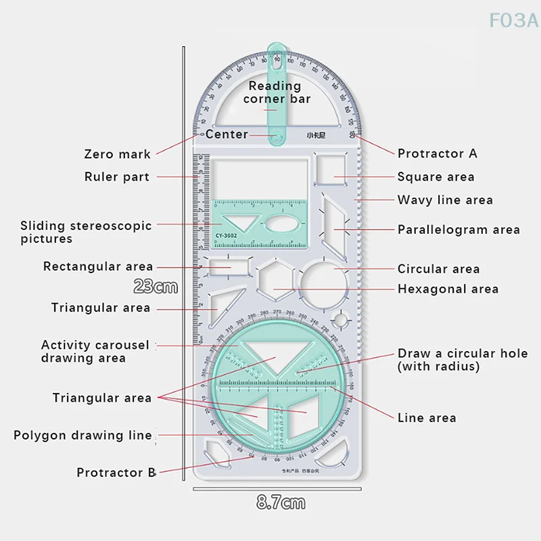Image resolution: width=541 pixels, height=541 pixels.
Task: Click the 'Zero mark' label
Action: [117, 154]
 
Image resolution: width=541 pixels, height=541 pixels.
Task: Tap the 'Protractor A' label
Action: [437, 154]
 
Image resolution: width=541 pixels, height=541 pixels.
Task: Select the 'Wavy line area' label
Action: [454, 200]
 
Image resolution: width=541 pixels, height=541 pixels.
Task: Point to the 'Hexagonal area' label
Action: [448, 289]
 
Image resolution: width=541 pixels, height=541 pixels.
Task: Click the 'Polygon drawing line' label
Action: [83, 436]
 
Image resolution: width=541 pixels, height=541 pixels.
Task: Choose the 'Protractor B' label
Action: [116, 473]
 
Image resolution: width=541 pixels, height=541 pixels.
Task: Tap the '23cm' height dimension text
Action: [156, 287]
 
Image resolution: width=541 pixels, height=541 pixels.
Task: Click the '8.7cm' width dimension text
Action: [281, 503]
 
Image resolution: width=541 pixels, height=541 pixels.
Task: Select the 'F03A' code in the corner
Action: [513, 20]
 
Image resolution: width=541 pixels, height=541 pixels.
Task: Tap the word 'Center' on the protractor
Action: [227, 135]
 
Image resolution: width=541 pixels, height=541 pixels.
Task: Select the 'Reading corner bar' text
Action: [276, 93]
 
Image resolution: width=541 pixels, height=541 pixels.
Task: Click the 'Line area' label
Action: [426, 418]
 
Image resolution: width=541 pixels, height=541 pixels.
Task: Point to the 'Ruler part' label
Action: [116, 177]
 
